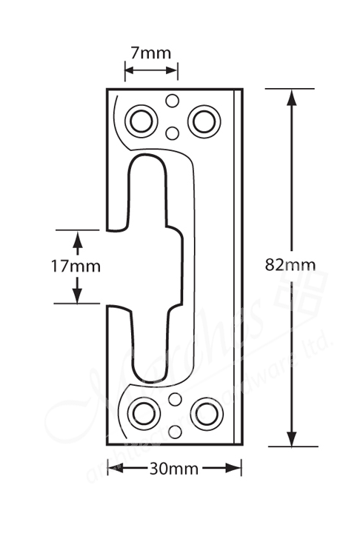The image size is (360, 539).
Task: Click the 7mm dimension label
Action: pyautogui.click(x=150, y=53)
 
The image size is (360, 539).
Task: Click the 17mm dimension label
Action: pyautogui.click(x=76, y=266)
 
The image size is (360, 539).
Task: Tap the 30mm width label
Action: pyautogui.click(x=173, y=468)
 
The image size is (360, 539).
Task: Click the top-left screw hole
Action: pyautogui.click(x=141, y=120)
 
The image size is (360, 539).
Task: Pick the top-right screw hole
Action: pyautogui.click(x=204, y=120)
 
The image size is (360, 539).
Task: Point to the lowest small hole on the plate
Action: pyautogui.click(x=175, y=431)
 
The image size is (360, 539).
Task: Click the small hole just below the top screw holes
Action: pyautogui.click(x=173, y=133)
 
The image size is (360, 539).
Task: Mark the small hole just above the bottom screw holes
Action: pyautogui.click(x=175, y=400)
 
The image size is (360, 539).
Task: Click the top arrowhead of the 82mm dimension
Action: pyautogui.click(x=293, y=96)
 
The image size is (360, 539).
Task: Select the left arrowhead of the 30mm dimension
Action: pyautogui.click(x=114, y=468)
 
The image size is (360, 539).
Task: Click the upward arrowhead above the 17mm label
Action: pyautogui.click(x=77, y=237)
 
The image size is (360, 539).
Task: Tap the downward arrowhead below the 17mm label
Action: pyautogui.click(x=77, y=295)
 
